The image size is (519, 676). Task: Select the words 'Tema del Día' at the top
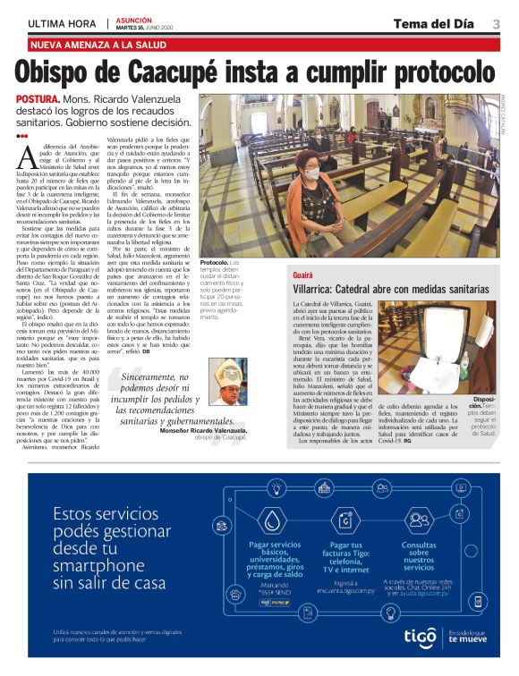(433, 24)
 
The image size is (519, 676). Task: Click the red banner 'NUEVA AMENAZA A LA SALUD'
(98, 45)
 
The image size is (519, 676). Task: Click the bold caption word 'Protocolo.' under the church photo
(216, 263)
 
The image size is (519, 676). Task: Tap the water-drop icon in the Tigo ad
(270, 520)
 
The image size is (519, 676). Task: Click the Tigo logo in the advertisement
(419, 637)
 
